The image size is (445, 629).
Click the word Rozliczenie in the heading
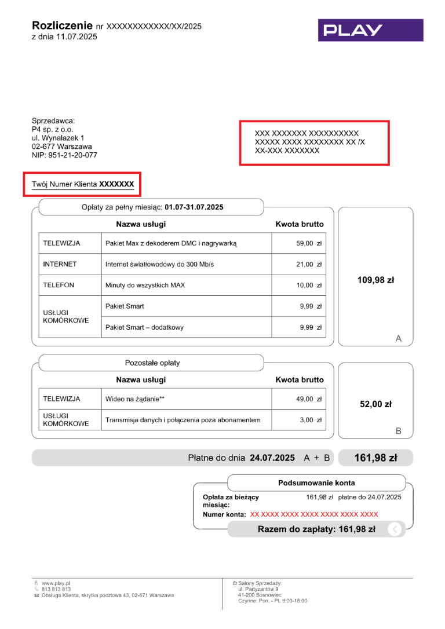click(x=62, y=25)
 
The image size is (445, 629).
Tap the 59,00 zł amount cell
click(x=309, y=243)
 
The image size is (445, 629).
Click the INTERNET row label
click(x=60, y=264)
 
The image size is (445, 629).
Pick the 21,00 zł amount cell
click(x=309, y=264)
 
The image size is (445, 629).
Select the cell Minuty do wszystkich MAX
click(x=145, y=285)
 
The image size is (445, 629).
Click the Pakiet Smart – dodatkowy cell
click(x=144, y=327)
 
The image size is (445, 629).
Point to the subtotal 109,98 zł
click(x=375, y=280)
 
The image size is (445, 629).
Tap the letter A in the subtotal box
click(x=398, y=339)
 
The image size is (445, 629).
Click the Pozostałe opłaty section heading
click(x=152, y=363)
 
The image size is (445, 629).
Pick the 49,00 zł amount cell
click(x=309, y=399)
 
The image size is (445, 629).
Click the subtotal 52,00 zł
click(x=375, y=404)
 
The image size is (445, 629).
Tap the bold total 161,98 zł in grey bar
click(x=375, y=458)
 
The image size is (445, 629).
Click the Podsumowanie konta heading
click(x=316, y=483)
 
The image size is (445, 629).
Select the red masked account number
click(x=314, y=514)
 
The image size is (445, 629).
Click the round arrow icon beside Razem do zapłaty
click(x=394, y=529)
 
